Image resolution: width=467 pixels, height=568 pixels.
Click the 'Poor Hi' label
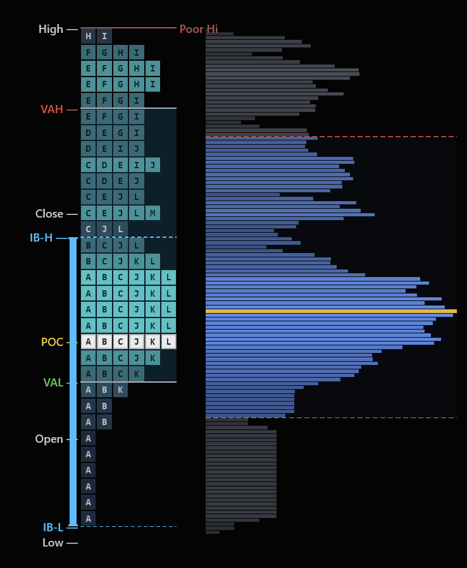198,29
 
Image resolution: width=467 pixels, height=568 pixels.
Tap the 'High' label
51,29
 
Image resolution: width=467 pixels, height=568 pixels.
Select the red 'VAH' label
52,109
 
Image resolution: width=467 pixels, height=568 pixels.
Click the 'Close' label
49,214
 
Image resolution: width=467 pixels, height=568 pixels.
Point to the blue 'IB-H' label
41,238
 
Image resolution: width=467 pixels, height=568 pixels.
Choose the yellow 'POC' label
52,342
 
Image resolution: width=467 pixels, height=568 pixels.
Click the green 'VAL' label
53,383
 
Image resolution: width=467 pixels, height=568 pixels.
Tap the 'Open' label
49,439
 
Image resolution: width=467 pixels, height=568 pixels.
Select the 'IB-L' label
53,528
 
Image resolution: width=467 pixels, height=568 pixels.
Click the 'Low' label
53,543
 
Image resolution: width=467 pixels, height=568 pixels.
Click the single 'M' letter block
153,213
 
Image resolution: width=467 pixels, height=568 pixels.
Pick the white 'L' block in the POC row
168,342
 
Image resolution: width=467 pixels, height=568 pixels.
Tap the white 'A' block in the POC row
89,342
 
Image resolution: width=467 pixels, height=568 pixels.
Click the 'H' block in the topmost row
89,36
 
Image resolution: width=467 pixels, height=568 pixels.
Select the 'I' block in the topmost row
104,36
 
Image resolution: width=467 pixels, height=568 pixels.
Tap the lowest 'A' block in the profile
89,519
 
